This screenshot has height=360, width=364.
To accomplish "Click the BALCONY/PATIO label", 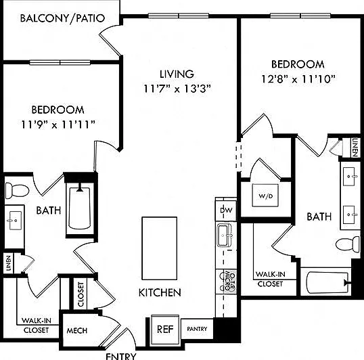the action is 62,18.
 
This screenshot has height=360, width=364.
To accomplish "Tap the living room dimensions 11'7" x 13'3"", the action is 177,89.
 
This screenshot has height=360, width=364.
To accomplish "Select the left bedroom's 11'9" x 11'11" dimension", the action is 58,125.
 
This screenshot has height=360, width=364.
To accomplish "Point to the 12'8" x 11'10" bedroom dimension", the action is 298,79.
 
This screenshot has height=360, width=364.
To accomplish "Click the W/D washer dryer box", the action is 266,196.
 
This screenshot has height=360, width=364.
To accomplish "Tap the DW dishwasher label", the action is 226,210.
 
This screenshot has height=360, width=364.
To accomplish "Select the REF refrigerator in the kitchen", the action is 165,329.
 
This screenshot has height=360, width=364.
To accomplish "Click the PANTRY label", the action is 197,329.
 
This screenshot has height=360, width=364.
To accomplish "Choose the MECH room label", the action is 77,330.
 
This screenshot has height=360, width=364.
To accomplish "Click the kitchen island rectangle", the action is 160,248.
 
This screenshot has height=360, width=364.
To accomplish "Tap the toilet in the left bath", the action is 17,191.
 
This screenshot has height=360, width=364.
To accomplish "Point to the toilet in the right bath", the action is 348,244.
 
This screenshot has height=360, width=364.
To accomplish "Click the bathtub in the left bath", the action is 80,208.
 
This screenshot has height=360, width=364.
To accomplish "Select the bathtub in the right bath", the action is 327,282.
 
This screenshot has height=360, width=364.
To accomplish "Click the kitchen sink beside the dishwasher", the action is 225,235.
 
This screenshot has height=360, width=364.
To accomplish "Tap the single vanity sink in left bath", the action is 14,221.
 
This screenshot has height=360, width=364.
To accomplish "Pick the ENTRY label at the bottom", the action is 121,357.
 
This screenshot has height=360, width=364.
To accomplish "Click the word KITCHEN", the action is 160,292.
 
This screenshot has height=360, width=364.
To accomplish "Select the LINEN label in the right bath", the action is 355,148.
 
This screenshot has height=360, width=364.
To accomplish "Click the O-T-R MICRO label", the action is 229,282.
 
